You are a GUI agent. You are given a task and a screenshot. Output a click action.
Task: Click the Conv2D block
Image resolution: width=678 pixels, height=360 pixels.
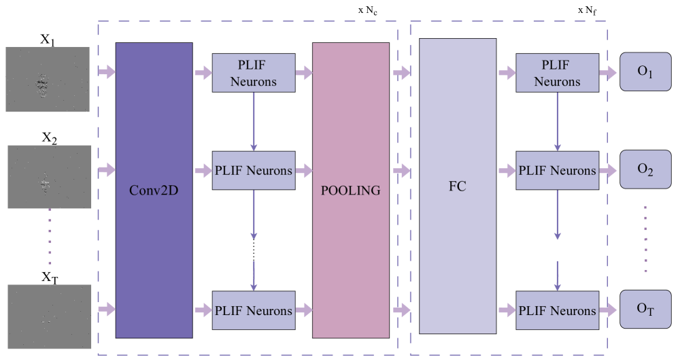coord(154,190)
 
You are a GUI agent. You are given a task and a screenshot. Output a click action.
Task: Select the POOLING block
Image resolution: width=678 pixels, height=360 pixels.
coord(351,190)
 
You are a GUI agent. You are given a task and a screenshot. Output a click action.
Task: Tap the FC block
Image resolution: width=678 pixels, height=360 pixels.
coord(458,186)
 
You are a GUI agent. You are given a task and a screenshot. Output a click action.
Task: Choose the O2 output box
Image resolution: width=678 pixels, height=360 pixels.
coord(645,169)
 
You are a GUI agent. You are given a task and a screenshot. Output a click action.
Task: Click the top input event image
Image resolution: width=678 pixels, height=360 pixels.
coord(48,80)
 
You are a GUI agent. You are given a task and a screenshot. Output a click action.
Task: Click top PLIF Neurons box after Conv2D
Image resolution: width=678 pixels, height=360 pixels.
coord(254,73)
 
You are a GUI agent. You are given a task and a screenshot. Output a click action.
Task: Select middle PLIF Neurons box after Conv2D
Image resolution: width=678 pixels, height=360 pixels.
coord(254,170)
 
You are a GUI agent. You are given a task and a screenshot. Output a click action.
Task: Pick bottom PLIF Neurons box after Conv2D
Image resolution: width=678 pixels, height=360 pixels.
coord(254,310)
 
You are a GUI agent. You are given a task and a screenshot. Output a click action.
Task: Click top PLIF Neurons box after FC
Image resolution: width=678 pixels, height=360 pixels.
coord(557,73)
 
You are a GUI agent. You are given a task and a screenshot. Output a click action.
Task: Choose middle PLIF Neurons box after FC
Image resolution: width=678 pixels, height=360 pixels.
coord(557,170)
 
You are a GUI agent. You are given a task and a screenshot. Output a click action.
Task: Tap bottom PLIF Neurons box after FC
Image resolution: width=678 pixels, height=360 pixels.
coord(557,310)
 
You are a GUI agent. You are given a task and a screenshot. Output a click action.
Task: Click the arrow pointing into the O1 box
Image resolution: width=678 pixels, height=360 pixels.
coord(609,72)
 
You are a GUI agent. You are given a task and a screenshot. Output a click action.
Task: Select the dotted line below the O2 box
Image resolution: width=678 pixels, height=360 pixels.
coord(645,238)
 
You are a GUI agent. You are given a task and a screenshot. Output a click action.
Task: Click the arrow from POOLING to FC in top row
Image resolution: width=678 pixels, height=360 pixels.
coord(402,72)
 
